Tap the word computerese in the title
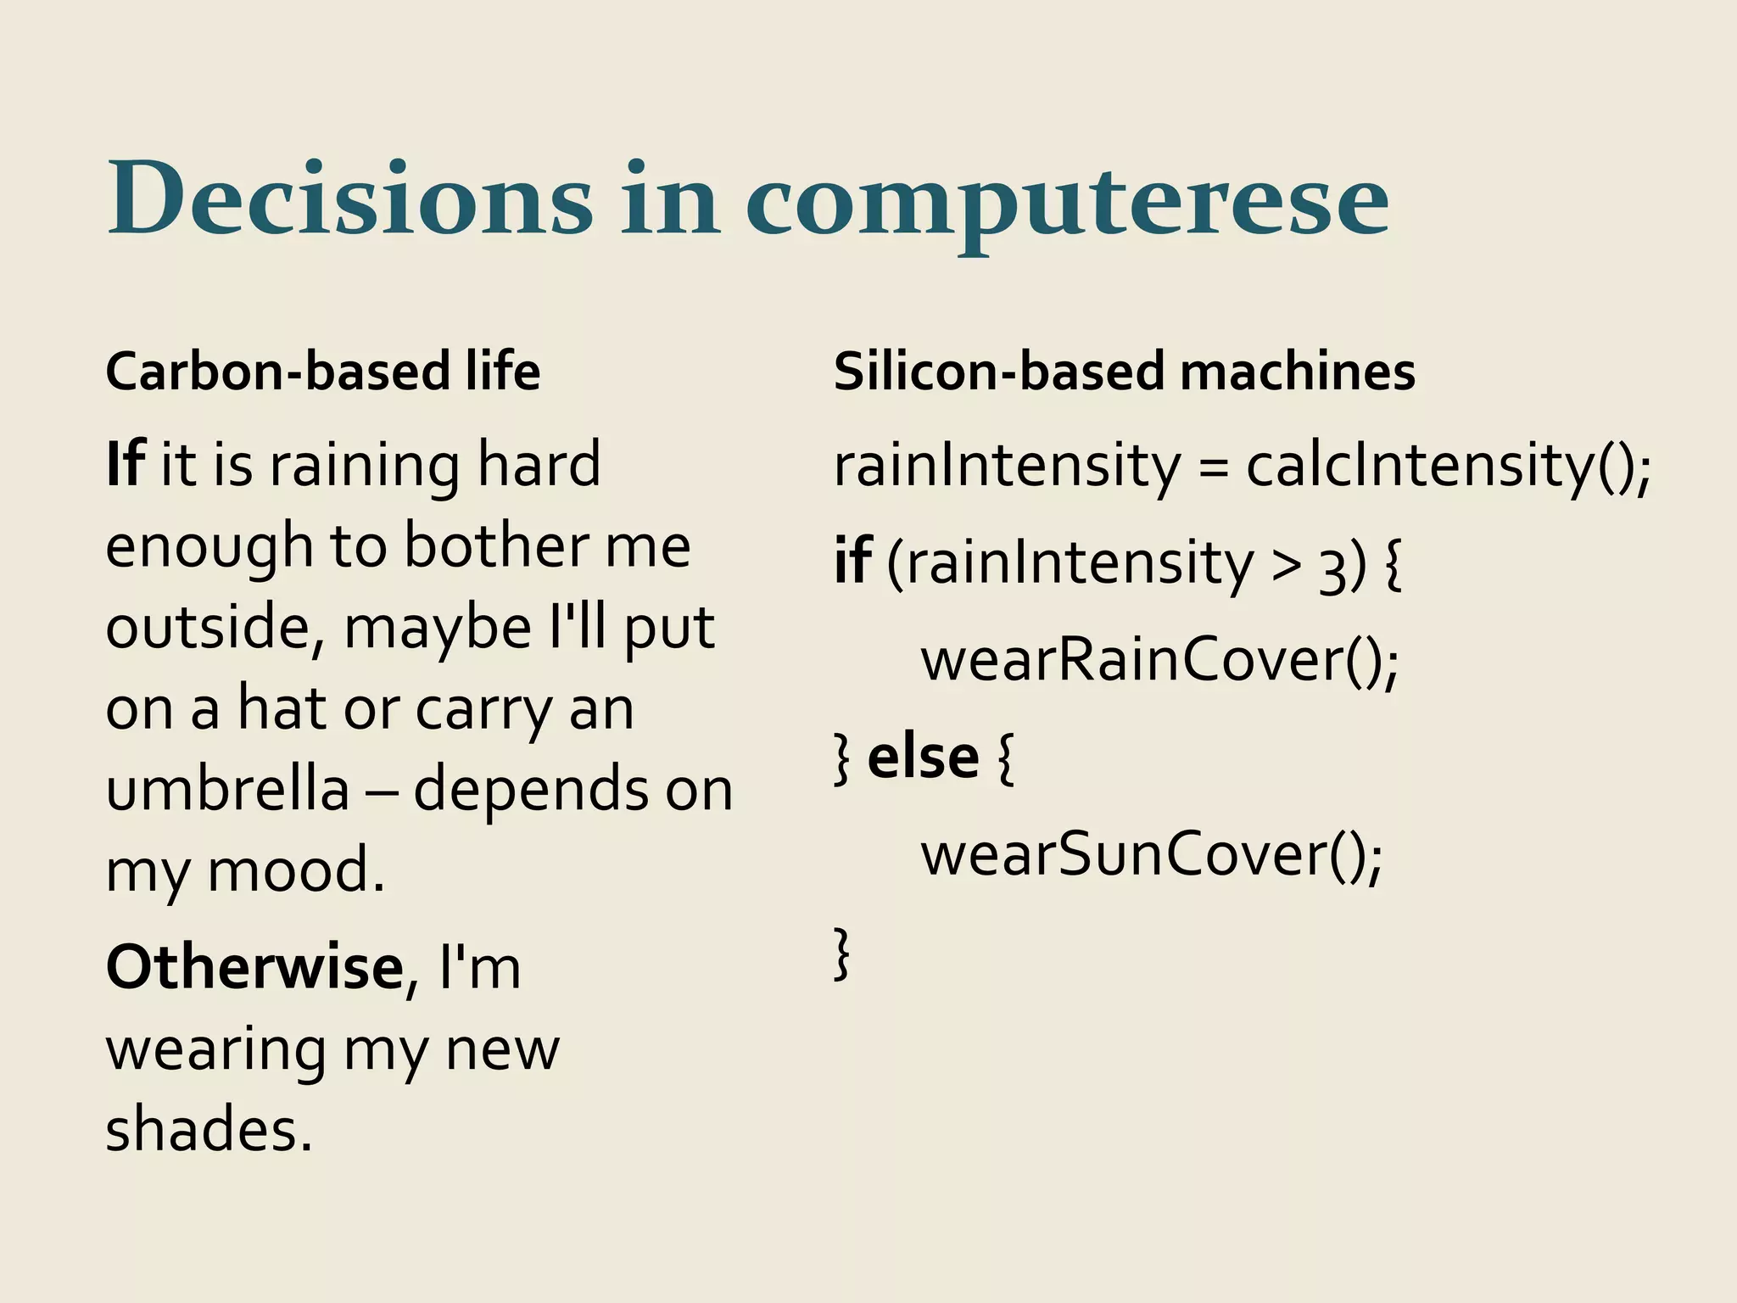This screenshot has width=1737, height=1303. point(1067,204)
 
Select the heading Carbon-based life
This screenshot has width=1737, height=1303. point(322,372)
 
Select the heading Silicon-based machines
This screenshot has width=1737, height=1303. point(1125,372)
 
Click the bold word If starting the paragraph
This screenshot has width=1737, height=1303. point(126,465)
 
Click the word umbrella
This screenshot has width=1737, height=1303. point(227,789)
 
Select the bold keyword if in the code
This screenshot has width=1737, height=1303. point(852,562)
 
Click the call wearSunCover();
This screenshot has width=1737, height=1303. point(1152,855)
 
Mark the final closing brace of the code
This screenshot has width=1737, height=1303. point(841,953)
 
